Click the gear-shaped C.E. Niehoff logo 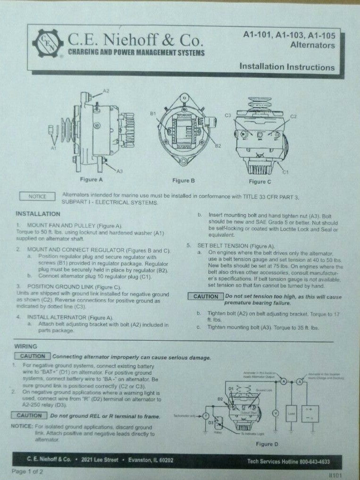(47, 43)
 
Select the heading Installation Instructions (287, 67)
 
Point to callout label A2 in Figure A (106, 90)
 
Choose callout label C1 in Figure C (285, 173)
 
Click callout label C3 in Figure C (227, 115)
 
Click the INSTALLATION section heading (37, 213)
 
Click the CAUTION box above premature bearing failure (206, 296)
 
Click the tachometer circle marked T (206, 415)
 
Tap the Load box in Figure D (291, 414)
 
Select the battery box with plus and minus (310, 414)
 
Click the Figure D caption (267, 444)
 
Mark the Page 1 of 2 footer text (27, 472)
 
